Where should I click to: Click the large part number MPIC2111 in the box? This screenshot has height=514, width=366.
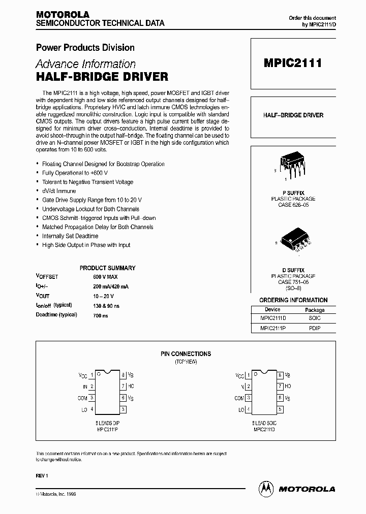point(292,64)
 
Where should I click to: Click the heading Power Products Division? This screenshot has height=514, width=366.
point(85,48)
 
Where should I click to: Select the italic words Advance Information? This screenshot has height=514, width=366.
point(85,65)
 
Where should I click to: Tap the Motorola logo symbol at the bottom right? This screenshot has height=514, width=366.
point(266,489)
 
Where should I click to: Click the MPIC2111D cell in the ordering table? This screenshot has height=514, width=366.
point(272,318)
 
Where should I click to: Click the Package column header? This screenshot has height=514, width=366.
point(315,309)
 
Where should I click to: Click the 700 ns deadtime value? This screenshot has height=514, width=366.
point(101,315)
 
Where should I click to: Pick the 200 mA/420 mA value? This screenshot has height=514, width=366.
point(111,286)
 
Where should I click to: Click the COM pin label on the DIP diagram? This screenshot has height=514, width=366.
point(82,398)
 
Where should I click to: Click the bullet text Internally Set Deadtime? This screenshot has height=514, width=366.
point(70,236)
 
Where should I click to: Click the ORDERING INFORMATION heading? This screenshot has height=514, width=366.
point(293,300)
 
